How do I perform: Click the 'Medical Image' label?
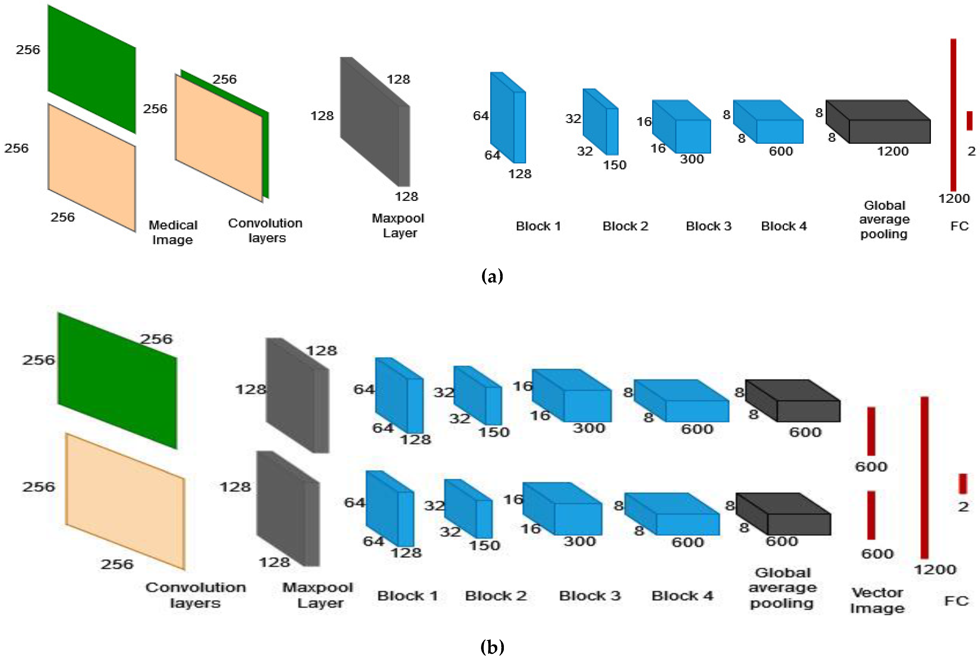coord(173,232)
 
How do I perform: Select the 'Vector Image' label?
coord(877,600)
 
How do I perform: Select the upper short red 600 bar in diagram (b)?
coord(871,431)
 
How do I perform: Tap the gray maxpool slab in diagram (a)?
coord(374,122)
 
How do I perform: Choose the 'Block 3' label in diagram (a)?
coord(709,226)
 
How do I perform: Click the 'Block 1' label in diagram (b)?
coord(408,596)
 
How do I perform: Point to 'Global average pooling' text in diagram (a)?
coord(884,219)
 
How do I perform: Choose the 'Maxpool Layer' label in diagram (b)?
coord(318,595)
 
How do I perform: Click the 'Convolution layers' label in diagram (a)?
coord(266,230)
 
